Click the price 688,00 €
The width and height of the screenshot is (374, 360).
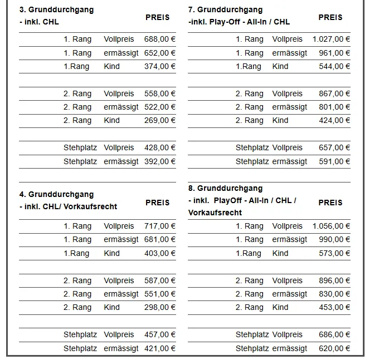159,40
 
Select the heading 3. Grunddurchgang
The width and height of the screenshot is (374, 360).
56,10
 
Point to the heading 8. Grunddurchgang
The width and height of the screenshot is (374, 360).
225,189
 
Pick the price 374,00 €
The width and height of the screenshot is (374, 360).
159,66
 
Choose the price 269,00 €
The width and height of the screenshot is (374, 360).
159,120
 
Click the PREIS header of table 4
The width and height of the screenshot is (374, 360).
158,203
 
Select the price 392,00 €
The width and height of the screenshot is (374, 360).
159,161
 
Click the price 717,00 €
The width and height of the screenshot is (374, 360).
159,226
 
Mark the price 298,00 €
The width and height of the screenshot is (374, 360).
159,307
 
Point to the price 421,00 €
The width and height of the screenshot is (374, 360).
159,349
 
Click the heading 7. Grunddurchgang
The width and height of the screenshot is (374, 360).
225,10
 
